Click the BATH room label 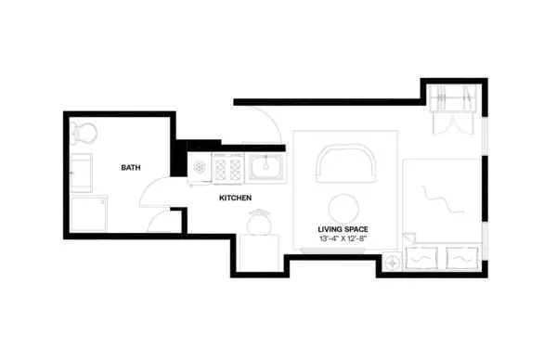point(131,168)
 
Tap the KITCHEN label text point(236,198)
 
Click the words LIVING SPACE point(345,227)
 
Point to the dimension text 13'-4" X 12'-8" point(345,239)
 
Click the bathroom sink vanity point(82,171)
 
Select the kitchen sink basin point(266,168)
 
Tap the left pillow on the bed point(422,259)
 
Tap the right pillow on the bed point(461,259)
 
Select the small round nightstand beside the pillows point(394,263)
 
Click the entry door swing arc point(264,122)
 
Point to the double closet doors point(453,123)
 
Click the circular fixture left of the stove point(200,168)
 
